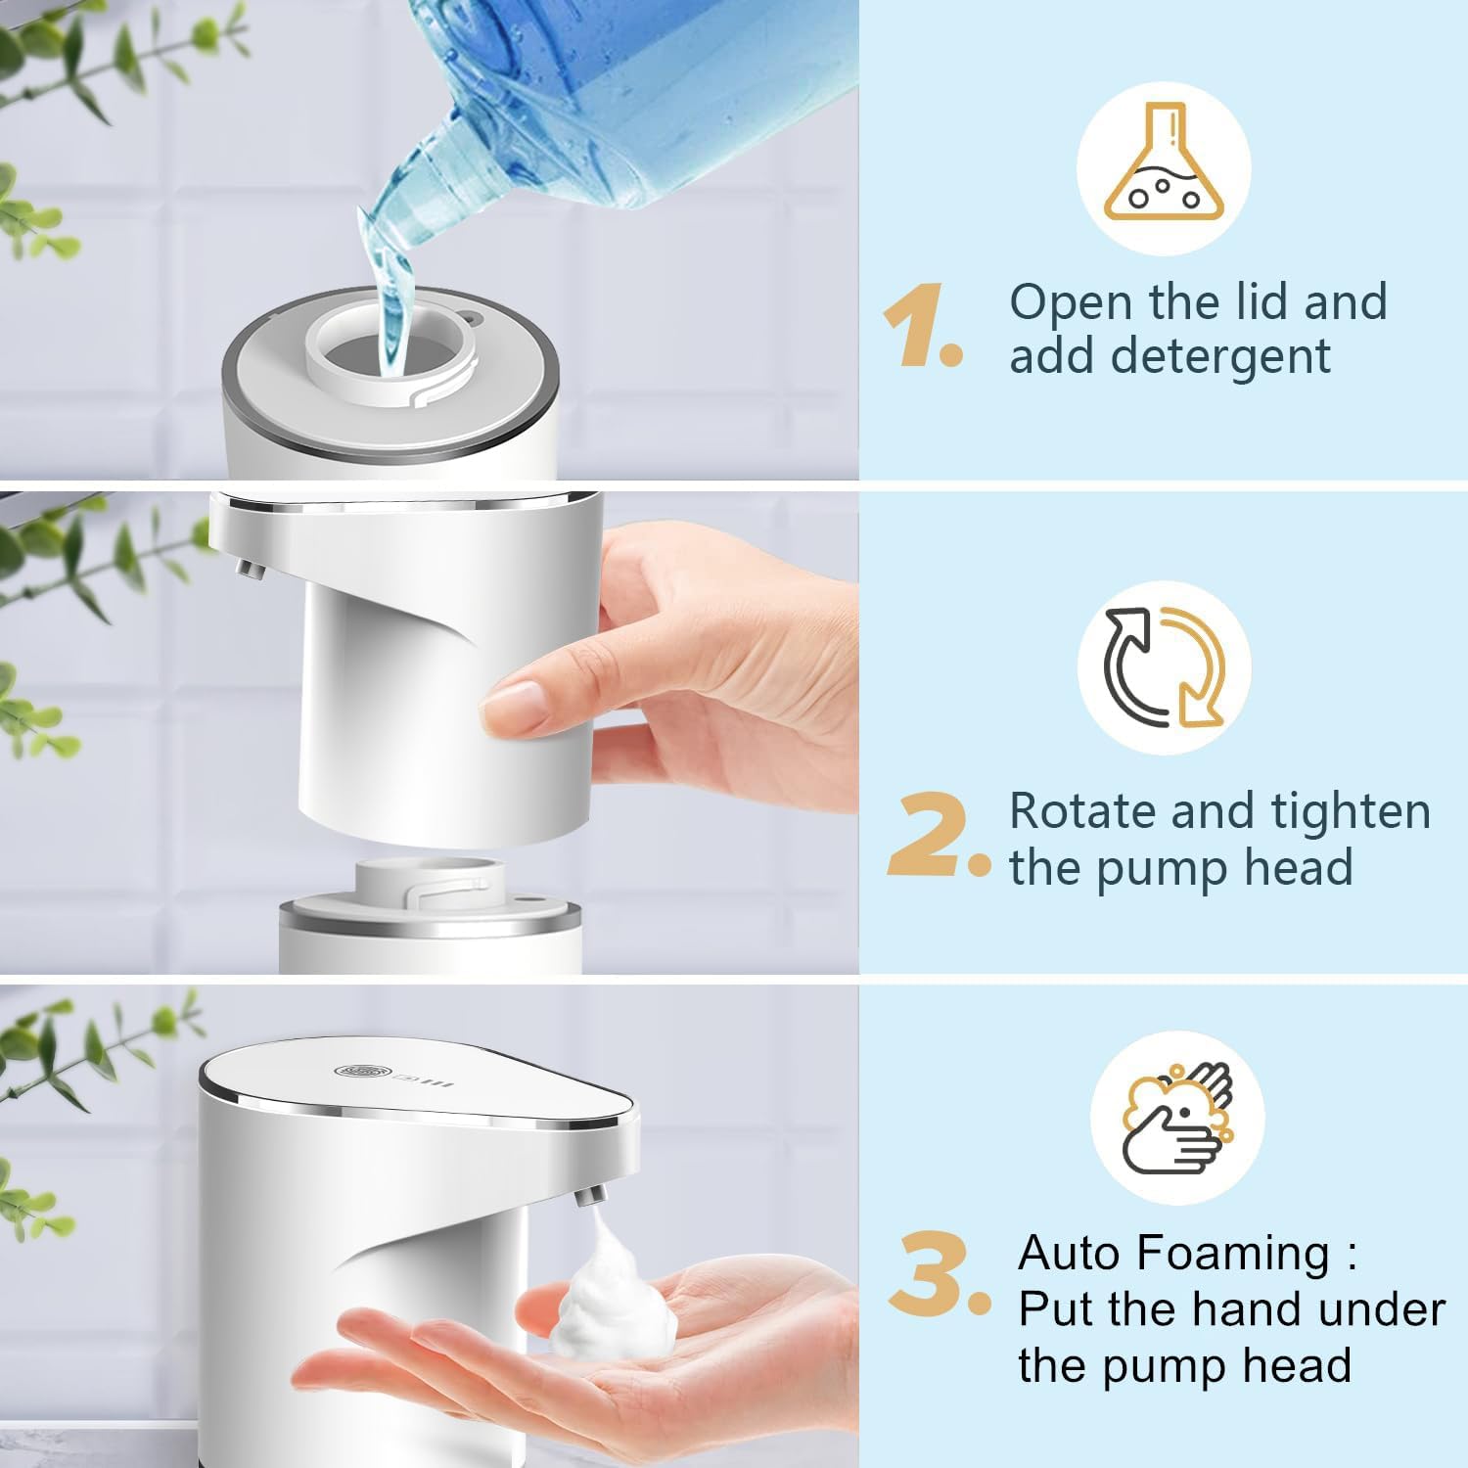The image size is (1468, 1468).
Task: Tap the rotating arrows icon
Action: click(x=1165, y=667)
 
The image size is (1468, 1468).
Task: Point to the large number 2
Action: click(x=930, y=836)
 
